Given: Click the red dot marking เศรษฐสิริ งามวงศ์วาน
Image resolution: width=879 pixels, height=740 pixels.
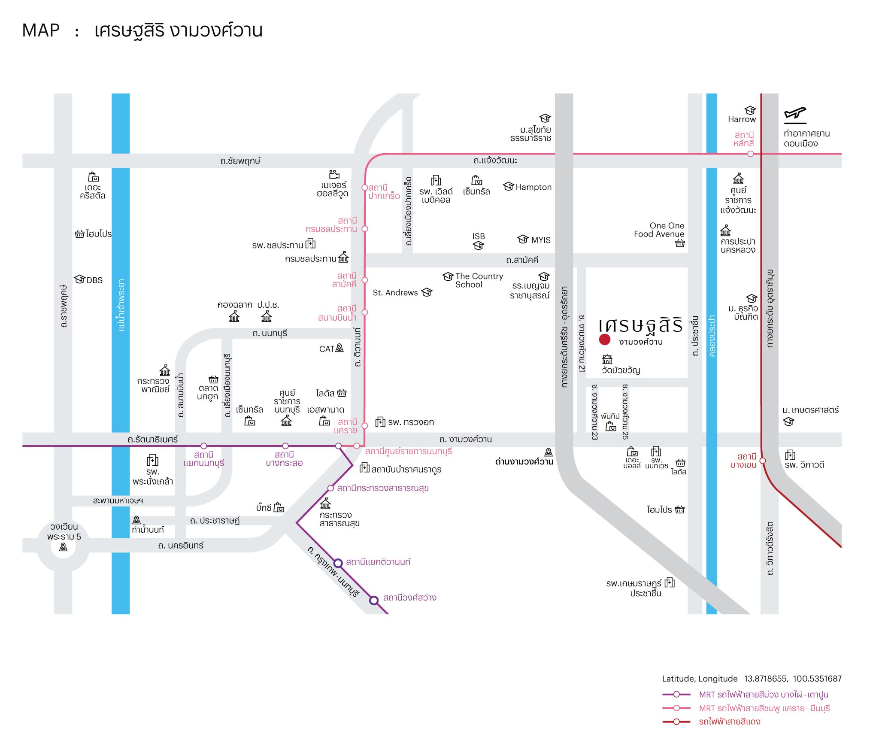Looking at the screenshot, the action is [605, 340].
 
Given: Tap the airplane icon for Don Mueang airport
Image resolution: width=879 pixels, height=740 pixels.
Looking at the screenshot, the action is [795, 114].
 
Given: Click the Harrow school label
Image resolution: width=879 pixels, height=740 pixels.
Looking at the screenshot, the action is [742, 119].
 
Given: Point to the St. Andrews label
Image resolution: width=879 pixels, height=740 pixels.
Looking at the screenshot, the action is [395, 293].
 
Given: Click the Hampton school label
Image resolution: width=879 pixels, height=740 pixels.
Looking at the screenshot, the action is [533, 187].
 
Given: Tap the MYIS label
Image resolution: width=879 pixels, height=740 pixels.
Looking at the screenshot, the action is [541, 240].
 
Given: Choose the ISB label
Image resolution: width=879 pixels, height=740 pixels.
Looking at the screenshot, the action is [479, 237].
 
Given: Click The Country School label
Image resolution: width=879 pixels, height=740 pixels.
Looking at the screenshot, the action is [479, 280].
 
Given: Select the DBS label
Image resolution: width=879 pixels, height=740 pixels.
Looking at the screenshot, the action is [94, 280].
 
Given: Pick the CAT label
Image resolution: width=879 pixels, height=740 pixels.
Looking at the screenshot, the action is [326, 349].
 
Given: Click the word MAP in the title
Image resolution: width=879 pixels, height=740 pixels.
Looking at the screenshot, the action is [41, 30].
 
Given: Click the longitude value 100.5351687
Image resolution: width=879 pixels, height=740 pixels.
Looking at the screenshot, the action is [817, 679].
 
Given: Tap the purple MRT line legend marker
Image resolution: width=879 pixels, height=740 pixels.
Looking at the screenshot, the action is [676, 695].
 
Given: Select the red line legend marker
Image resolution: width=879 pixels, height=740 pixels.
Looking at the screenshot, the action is [676, 722].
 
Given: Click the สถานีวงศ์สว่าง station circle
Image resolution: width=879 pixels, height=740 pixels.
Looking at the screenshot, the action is [374, 600].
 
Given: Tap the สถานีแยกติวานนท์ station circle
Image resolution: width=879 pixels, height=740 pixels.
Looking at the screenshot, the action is [338, 563].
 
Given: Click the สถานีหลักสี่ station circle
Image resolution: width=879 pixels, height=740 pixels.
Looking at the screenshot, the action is [750, 154].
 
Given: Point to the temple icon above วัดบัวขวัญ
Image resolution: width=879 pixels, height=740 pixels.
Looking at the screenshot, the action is [607, 359].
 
